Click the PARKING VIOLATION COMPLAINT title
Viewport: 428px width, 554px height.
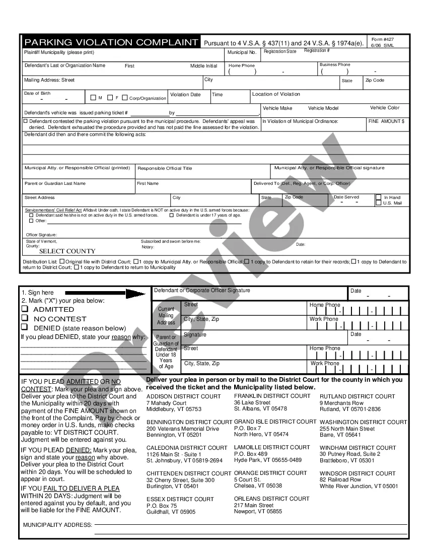(111, 42)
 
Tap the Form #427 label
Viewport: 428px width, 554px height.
(383, 39)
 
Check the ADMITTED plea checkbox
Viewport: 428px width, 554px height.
(24, 309)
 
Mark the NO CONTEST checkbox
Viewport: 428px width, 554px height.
(24, 318)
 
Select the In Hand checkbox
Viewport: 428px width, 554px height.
(378, 197)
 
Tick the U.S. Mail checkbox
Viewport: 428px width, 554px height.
(378, 203)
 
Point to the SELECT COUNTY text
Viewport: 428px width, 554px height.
(67, 251)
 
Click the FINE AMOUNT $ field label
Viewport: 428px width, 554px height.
(386, 121)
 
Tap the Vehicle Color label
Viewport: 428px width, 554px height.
(385, 108)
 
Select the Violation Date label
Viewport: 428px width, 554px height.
(185, 95)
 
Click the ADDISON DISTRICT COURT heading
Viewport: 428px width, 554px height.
(183, 396)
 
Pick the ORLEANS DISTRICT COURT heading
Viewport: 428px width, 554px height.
(272, 499)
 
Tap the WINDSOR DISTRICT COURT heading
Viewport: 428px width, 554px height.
(358, 473)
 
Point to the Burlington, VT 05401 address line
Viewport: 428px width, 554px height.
(172, 487)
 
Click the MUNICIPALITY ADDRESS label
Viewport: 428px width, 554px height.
(57, 525)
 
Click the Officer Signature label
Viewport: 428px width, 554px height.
(41, 235)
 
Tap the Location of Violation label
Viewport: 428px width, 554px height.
(276, 94)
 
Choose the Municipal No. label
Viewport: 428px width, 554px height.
(242, 52)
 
